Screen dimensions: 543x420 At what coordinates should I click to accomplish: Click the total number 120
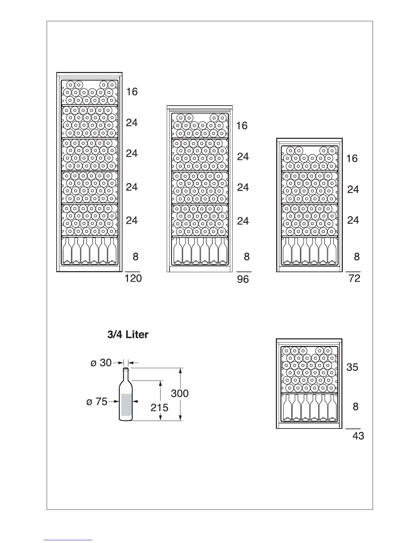pos(133,278)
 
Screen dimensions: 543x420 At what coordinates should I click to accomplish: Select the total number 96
pos(243,279)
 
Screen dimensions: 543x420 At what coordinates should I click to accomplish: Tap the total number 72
pos(354,278)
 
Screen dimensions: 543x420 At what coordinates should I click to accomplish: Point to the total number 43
pos(358,436)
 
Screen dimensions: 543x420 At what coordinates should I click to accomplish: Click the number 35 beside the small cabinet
pos(352,367)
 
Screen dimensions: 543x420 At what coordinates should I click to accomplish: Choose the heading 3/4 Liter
pos(128,335)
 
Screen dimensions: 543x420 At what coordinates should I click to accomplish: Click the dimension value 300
pos(180,393)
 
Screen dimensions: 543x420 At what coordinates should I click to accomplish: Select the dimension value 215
pos(160,408)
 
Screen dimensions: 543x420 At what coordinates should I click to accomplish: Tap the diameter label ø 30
pos(101,362)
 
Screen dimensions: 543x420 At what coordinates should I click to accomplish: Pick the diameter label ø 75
pos(97,401)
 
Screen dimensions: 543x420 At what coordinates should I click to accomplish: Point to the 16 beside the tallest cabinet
pos(132,92)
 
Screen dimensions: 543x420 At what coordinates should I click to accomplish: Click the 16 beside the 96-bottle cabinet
pos(242,126)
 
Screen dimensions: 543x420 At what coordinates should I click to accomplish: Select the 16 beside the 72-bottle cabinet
pos(352,158)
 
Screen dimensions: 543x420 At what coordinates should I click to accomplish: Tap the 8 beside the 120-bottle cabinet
pos(136,256)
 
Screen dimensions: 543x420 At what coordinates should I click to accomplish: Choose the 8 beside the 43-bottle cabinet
pos(355,407)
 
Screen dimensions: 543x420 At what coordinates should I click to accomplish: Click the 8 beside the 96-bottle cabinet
pos(247,256)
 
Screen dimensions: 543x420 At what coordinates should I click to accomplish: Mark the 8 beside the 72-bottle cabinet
pos(357,256)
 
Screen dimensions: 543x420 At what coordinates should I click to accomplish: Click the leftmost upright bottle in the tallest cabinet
pos(67,251)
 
